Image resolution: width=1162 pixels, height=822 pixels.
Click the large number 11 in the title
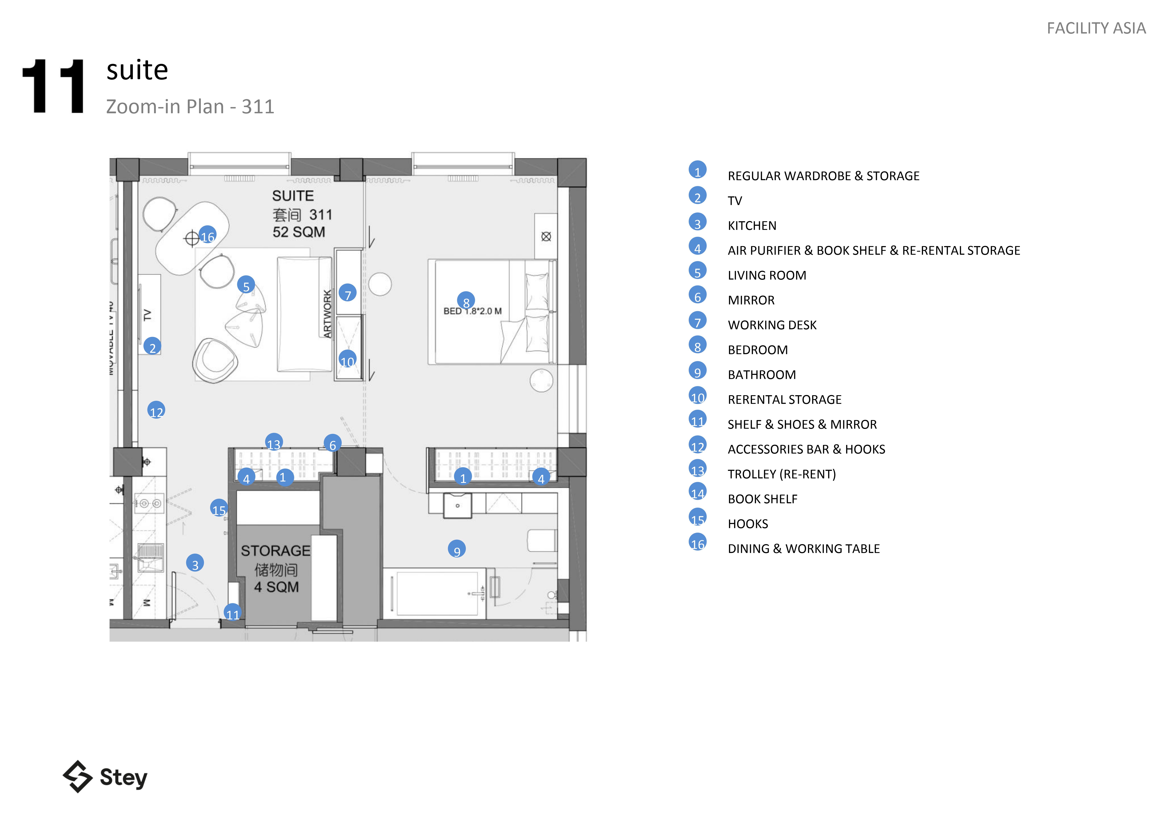[54, 86]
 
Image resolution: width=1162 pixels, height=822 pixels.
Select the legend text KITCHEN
[752, 226]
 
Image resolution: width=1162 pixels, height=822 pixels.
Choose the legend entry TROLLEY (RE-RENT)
[781, 474]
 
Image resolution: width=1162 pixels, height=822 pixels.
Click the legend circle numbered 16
[697, 543]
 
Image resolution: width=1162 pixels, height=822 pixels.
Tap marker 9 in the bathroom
[457, 549]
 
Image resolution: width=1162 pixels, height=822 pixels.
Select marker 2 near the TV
[152, 347]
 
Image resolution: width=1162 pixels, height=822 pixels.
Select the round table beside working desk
[380, 284]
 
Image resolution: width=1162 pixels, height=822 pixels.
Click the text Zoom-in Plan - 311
[190, 107]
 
